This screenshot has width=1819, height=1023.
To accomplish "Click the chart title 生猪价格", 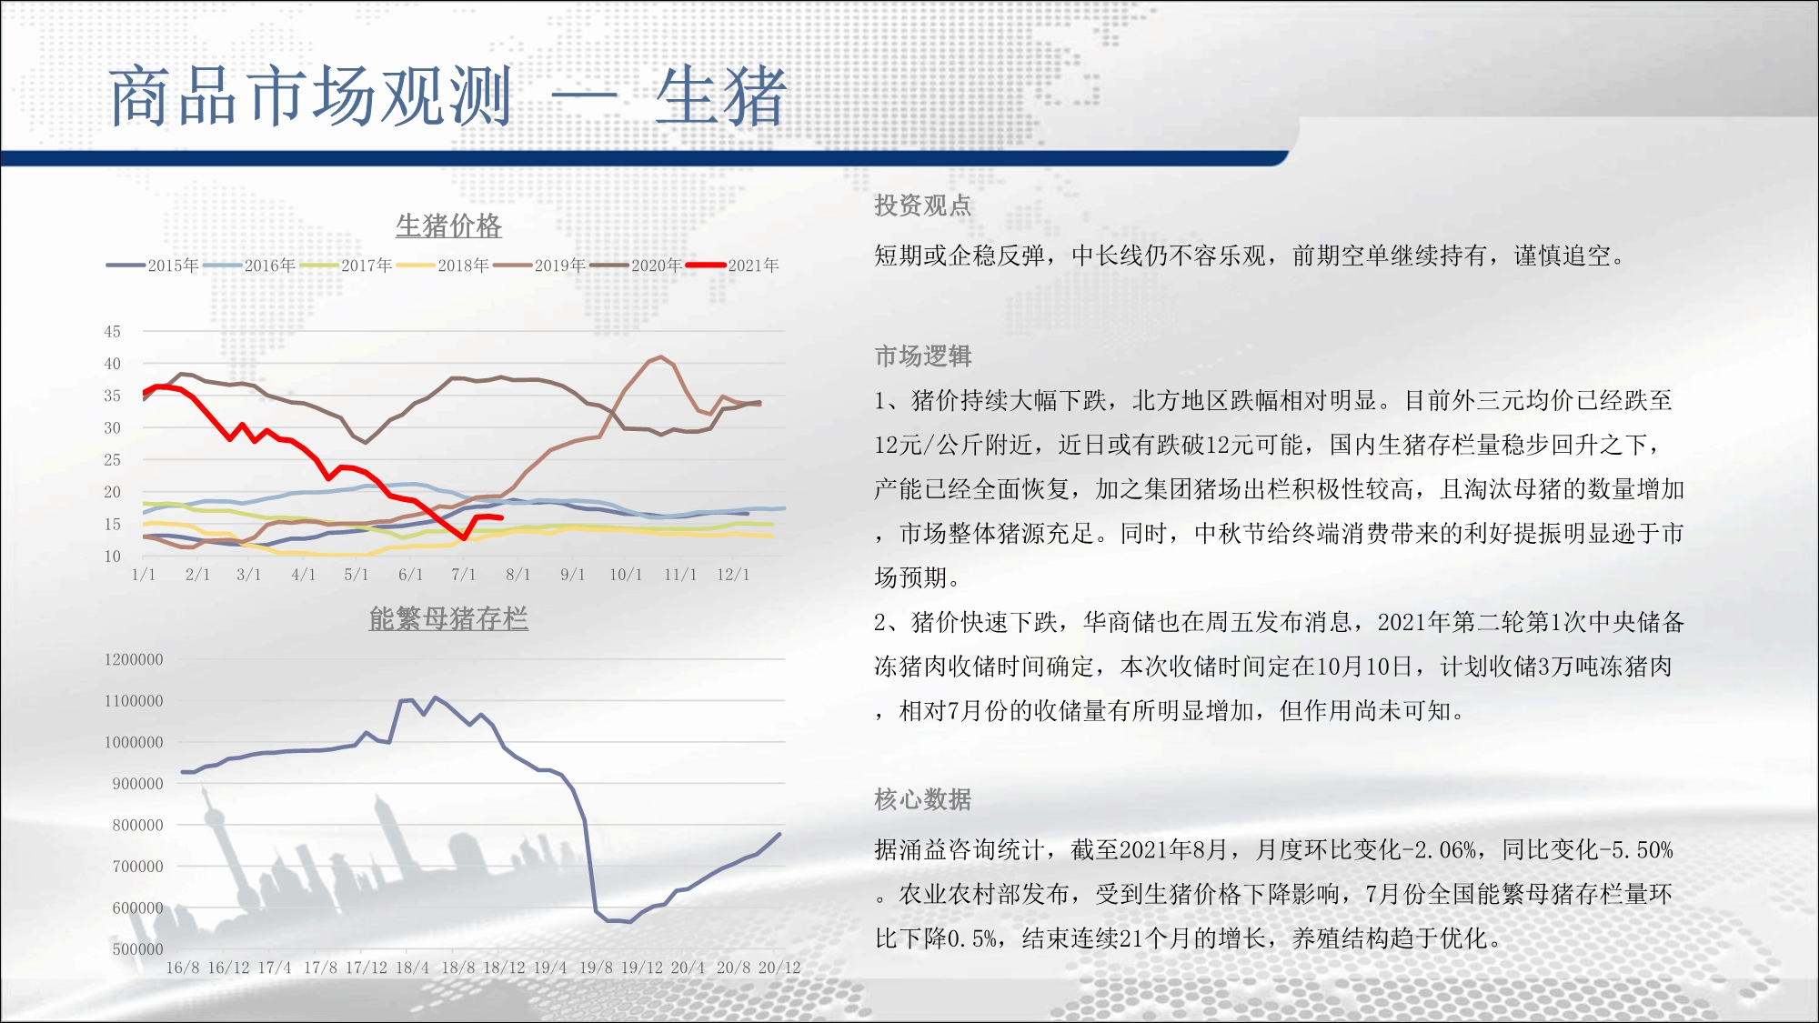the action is [x=448, y=226].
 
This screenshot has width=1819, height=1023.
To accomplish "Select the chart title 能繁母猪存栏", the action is [x=448, y=618].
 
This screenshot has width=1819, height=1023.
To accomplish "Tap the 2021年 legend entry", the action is [x=733, y=266].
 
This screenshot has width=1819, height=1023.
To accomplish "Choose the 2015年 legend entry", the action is [x=152, y=266].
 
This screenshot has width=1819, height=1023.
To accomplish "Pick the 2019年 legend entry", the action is [x=539, y=266].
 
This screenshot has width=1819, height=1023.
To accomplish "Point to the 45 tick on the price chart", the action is [x=112, y=332].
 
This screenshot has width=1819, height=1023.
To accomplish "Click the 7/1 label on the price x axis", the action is [x=464, y=575].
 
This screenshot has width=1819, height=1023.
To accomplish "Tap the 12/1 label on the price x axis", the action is [x=733, y=575].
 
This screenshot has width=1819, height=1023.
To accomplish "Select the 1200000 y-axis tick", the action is [x=134, y=659].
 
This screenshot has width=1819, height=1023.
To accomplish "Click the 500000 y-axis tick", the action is [x=137, y=948].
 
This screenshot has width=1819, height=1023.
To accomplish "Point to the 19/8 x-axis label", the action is [x=596, y=968].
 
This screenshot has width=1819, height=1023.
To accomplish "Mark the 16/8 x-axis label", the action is [x=183, y=968].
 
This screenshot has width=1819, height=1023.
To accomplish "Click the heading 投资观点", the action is [x=923, y=206].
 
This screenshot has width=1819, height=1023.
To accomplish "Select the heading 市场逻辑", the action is [x=923, y=356].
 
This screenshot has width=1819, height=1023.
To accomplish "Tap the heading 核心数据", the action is [x=923, y=799].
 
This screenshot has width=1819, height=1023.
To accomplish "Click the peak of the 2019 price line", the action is [x=660, y=356].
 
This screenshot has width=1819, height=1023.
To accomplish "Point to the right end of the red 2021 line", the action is [x=502, y=518].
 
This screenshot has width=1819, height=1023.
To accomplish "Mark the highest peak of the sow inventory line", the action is [x=435, y=697].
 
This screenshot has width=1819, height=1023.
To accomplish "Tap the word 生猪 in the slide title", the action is [x=720, y=95].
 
